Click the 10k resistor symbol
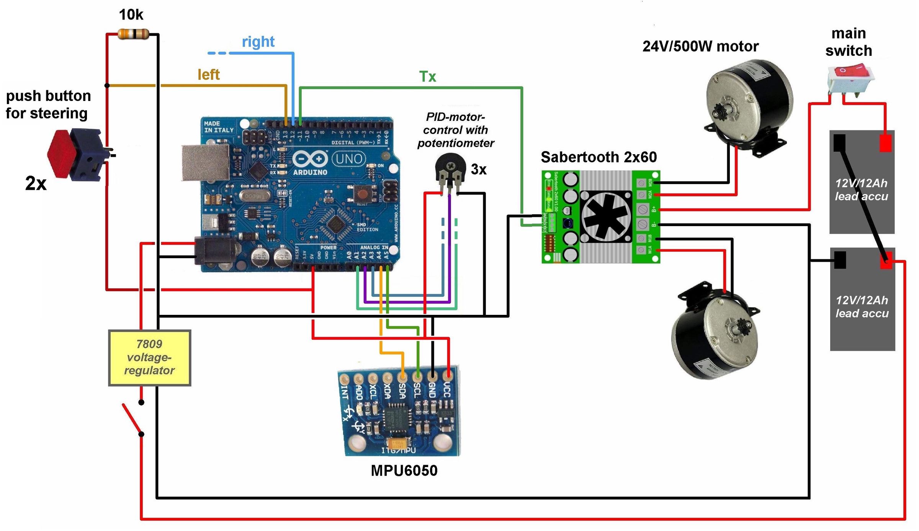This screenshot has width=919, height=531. (133, 34)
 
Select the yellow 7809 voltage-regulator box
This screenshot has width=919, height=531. (149, 358)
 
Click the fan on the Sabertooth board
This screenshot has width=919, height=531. (606, 217)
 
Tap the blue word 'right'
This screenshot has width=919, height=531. (258, 41)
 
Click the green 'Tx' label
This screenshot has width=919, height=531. (427, 77)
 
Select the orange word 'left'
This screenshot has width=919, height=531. (208, 75)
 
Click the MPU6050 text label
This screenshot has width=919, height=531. (404, 471)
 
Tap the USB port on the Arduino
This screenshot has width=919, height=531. (205, 162)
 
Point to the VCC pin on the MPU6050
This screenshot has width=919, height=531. (447, 376)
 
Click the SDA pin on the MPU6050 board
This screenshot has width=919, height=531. (402, 377)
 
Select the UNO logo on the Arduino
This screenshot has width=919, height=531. (349, 158)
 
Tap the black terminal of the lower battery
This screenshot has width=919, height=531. (840, 260)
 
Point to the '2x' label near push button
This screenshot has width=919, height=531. (36, 183)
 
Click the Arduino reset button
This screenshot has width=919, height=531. (361, 194)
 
